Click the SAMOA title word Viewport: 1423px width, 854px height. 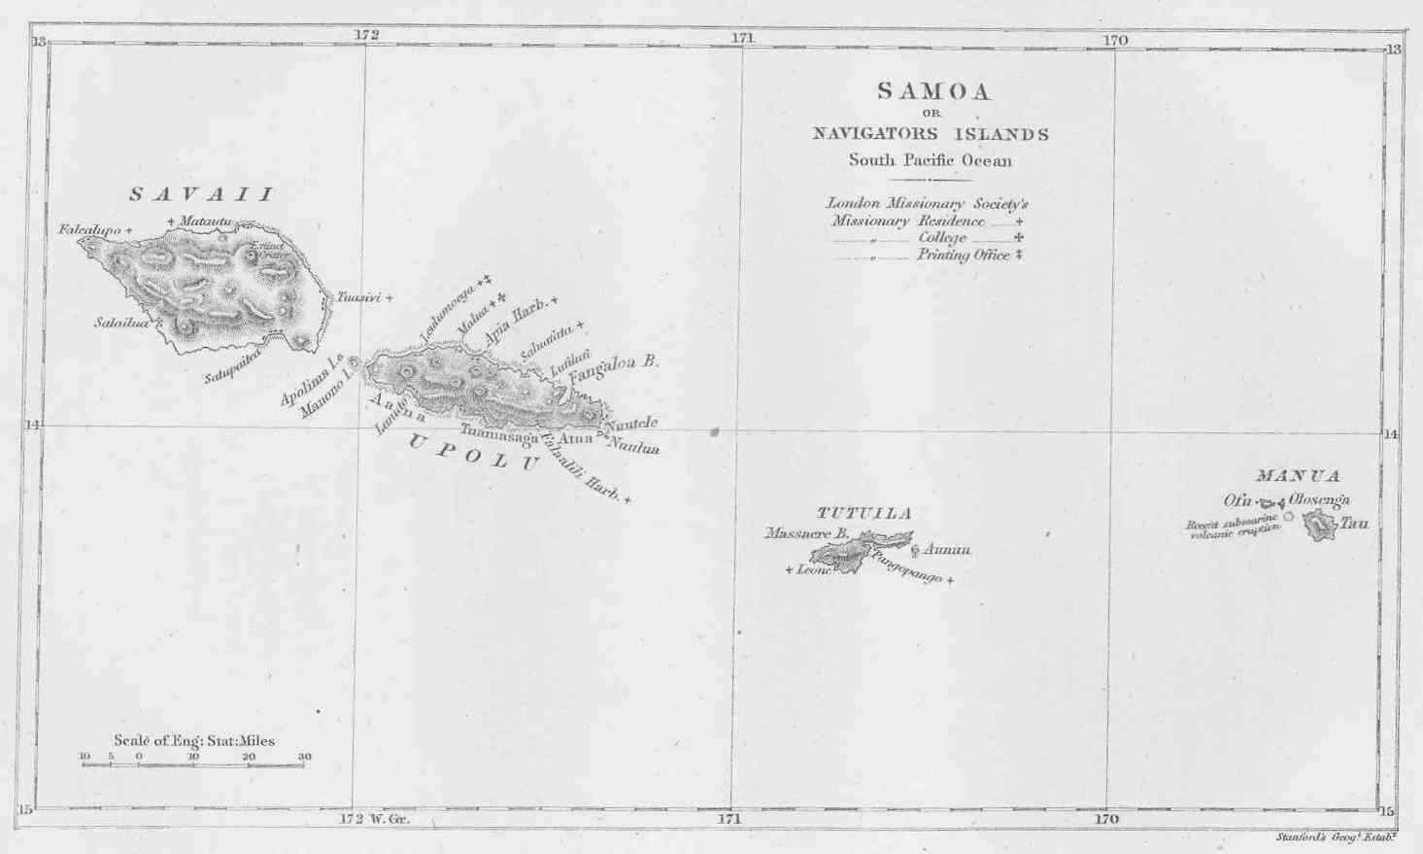pyautogui.click(x=933, y=91)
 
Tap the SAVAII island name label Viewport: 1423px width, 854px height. pyautogui.click(x=202, y=194)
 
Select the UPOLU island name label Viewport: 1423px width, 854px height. pyautogui.click(x=472, y=452)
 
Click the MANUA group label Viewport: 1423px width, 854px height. pyautogui.click(x=1298, y=476)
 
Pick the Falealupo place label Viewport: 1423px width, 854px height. pyautogui.click(x=89, y=230)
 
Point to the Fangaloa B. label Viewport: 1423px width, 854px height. pyautogui.click(x=614, y=366)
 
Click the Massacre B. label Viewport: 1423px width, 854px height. pyautogui.click(x=807, y=533)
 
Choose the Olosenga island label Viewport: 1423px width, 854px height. pyautogui.click(x=1319, y=499)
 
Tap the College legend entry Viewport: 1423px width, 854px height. pyautogui.click(x=942, y=238)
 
